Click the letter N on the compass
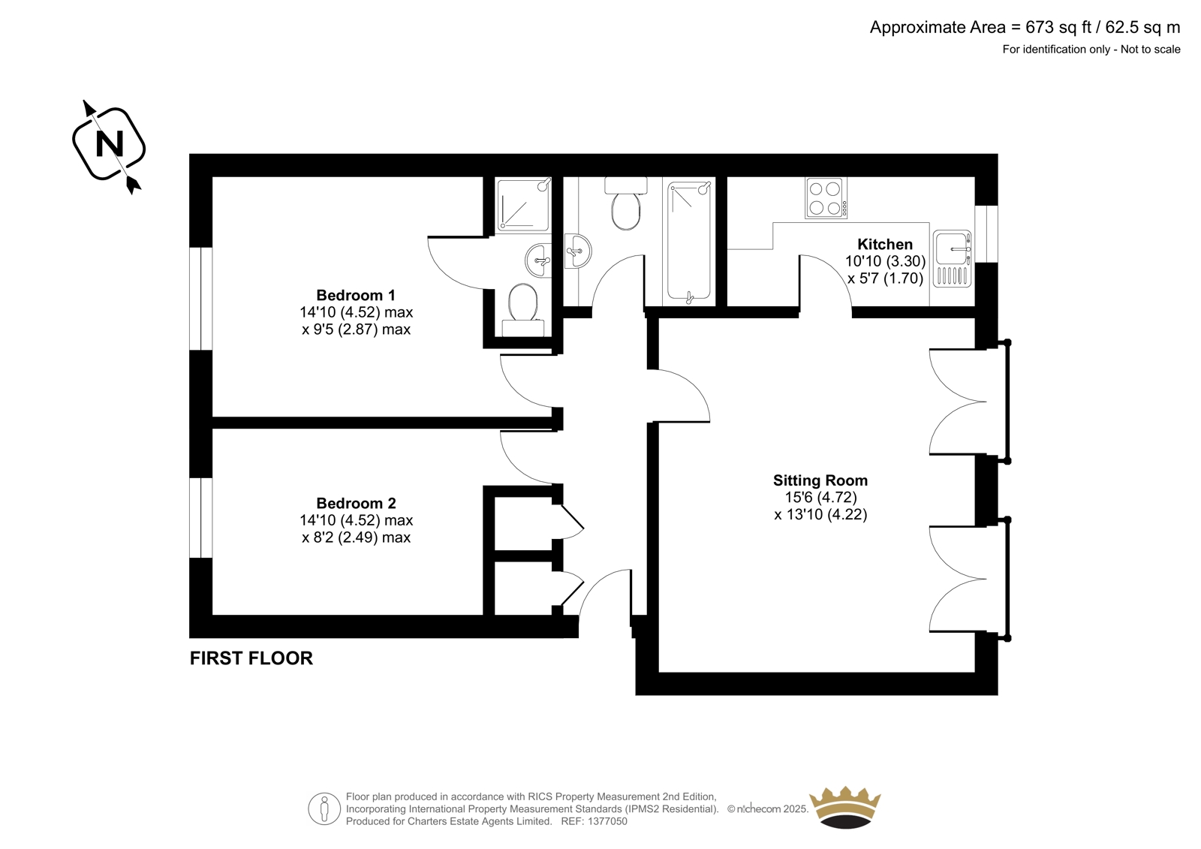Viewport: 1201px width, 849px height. [110, 143]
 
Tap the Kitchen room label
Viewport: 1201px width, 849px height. [885, 245]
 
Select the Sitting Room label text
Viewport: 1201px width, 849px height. [820, 480]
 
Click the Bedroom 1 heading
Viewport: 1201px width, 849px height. [356, 295]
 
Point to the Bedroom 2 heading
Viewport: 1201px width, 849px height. [356, 503]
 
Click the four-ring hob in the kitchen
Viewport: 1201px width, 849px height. [826, 198]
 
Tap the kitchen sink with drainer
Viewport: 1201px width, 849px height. [953, 258]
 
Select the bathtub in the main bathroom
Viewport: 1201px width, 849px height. [689, 241]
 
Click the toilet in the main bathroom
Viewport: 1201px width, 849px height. [626, 203]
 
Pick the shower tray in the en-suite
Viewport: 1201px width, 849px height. [523, 206]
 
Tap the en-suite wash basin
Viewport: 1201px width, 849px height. [538, 260]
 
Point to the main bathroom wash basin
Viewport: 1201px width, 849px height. [578, 251]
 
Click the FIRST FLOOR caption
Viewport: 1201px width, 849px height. [251, 658]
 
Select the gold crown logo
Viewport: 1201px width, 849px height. [845, 807]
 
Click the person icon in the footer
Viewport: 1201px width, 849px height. [324, 808]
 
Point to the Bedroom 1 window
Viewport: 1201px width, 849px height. [201, 299]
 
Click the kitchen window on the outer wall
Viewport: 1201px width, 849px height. [986, 234]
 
